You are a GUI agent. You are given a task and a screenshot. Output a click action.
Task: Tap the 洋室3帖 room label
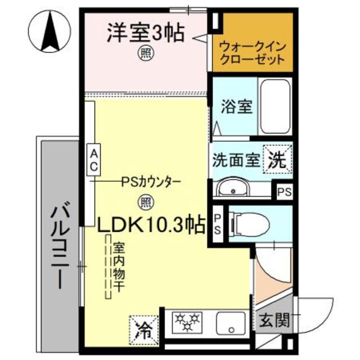(146, 33)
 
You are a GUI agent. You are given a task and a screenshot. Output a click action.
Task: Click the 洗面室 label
(236, 159)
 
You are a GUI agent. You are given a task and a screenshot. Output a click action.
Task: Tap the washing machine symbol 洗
(280, 159)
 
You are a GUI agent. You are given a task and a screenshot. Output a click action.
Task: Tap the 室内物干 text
(119, 267)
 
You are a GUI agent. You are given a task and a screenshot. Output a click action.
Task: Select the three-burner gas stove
(185, 321)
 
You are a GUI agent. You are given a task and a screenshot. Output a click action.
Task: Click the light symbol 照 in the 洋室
(145, 54)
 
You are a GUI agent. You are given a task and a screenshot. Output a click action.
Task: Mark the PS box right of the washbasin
(284, 191)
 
